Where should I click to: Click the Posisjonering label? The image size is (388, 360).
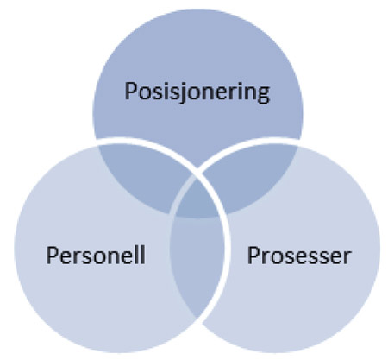coord(197,92)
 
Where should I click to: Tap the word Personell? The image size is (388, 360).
coord(96,255)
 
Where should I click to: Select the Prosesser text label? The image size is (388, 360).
coord(299,256)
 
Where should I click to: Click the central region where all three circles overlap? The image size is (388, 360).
coord(197,199)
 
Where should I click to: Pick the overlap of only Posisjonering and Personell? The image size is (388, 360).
coord(144,175)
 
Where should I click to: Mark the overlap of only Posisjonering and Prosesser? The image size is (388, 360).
coord(251,175)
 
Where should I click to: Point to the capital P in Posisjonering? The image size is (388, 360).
coord(130,91)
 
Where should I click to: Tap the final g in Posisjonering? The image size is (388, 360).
coord(264,95)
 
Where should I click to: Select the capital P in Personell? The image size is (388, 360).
coord(52,255)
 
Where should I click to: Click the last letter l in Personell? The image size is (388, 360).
coord(143,255)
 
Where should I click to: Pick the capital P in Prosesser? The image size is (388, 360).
coord(253,256)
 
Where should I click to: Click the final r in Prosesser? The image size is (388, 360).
coord(347,258)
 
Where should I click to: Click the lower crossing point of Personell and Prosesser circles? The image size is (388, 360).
coord(197,319)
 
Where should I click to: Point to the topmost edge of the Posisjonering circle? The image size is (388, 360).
coord(197,9)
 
